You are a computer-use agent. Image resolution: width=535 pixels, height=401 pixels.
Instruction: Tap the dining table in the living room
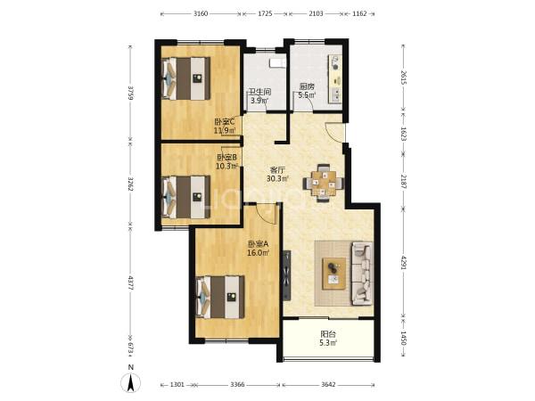(323, 183)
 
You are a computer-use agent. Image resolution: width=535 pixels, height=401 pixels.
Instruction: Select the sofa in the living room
(362, 274)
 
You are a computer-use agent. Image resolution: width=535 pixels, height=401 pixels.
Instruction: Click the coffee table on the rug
(334, 274)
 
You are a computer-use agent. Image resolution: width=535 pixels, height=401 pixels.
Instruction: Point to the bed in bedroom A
(221, 297)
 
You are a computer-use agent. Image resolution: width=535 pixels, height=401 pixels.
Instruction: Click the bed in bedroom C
(186, 78)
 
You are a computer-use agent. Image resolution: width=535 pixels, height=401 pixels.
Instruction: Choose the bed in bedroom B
(186, 197)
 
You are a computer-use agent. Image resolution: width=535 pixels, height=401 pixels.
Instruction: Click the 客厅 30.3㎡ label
(277, 174)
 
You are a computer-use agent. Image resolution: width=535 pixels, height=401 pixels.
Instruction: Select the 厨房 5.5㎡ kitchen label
(307, 91)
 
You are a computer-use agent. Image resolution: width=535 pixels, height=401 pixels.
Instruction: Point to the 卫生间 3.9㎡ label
(259, 96)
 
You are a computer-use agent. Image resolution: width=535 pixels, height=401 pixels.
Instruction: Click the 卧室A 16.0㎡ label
(259, 249)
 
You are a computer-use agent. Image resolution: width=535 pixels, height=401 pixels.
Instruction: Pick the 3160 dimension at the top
(201, 13)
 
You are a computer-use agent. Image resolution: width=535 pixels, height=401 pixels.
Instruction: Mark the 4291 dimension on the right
(404, 263)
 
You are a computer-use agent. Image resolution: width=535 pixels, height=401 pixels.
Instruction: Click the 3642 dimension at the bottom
(328, 385)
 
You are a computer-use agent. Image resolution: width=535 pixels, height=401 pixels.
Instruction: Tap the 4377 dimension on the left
(130, 282)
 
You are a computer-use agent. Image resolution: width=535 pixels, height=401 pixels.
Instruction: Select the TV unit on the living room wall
(287, 275)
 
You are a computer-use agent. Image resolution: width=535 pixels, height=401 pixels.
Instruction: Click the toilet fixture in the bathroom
(276, 63)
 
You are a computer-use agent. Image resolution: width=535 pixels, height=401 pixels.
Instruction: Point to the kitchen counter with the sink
(335, 78)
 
